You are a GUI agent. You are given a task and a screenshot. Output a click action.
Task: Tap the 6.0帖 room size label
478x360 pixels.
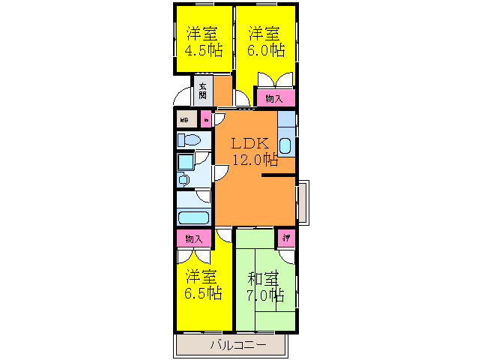click(267, 51)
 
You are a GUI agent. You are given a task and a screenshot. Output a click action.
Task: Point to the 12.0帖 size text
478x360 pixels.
click(255, 159)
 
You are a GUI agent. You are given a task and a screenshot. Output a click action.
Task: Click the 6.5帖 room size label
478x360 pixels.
click(204, 292)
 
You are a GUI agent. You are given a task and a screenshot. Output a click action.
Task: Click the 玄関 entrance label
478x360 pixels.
click(203, 90)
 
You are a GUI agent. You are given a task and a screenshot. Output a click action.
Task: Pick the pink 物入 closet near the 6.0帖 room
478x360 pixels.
click(275, 98)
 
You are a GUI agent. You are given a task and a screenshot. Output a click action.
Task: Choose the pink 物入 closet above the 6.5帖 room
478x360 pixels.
click(194, 238)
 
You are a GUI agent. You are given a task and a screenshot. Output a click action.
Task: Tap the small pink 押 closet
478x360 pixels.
click(285, 238)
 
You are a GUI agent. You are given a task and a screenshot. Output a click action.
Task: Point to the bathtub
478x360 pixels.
click(193, 218)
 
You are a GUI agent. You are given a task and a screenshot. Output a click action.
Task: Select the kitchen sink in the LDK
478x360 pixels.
click(285, 145)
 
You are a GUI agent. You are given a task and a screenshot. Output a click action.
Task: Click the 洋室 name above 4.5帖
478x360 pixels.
click(204, 34)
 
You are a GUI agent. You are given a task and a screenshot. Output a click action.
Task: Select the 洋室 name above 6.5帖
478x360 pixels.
click(204, 275)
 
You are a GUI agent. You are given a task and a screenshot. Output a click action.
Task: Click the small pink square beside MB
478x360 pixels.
click(205, 118)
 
